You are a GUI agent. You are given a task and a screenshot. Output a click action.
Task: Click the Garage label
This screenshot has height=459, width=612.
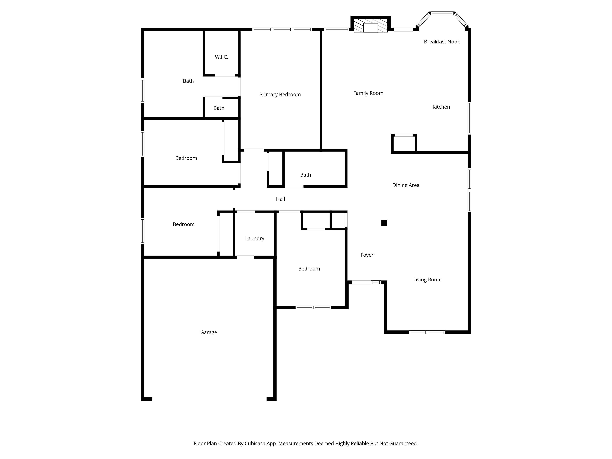click(208, 332)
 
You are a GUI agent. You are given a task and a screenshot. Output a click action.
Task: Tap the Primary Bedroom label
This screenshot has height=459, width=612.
click(280, 95)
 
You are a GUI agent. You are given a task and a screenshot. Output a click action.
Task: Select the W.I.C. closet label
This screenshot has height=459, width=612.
click(221, 57)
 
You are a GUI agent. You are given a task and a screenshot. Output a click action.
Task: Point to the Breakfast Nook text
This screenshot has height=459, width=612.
click(442, 42)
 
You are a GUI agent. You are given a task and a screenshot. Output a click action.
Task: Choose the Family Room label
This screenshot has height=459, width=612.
click(368, 93)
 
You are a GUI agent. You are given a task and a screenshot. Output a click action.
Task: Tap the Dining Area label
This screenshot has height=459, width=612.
click(406, 185)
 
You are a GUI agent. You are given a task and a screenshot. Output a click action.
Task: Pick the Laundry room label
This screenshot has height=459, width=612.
click(255, 239)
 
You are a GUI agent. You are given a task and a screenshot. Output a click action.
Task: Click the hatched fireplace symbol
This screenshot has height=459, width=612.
click(371, 26)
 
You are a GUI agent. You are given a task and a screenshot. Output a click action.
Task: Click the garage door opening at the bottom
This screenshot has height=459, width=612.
click(209, 399)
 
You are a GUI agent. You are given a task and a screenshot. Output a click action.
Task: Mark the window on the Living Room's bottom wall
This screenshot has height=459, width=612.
click(427, 332)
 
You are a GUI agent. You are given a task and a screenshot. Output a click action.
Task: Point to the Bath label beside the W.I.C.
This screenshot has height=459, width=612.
click(188, 81)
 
